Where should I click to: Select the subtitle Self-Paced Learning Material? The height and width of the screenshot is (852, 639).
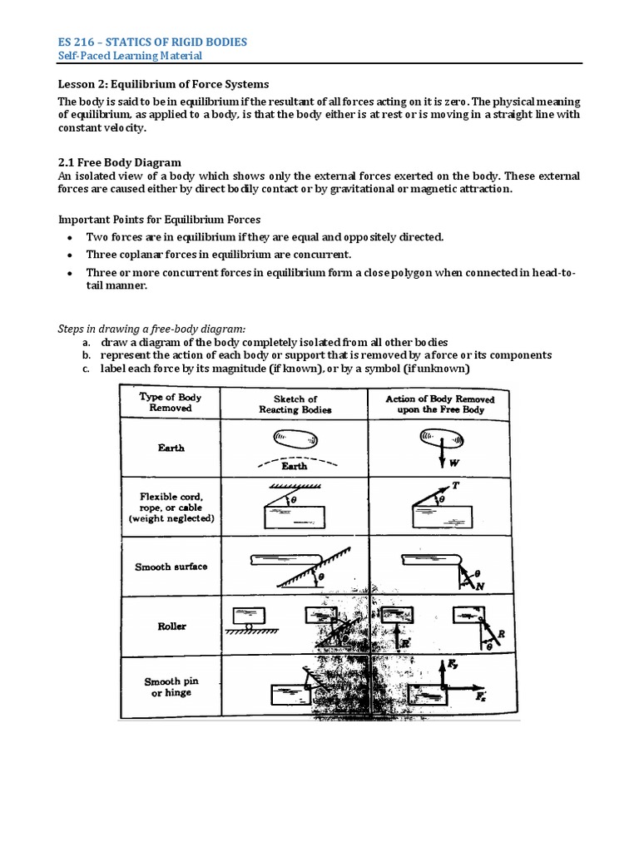pyautogui.click(x=129, y=56)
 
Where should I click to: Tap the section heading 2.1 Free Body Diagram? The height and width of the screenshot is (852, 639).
pyautogui.click(x=119, y=162)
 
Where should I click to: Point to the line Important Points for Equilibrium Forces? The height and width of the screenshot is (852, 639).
pyautogui.click(x=159, y=220)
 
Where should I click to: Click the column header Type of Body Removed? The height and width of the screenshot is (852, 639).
pyautogui.click(x=170, y=403)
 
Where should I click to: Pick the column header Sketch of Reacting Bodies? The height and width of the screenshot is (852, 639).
pyautogui.click(x=295, y=404)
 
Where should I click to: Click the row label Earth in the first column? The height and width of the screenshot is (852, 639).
pyautogui.click(x=171, y=448)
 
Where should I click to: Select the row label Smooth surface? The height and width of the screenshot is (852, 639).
pyautogui.click(x=171, y=567)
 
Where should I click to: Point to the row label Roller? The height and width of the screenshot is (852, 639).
pyautogui.click(x=171, y=627)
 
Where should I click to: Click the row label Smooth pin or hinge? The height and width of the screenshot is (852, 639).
pyautogui.click(x=171, y=686)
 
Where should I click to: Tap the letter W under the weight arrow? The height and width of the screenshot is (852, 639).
pyautogui.click(x=454, y=463)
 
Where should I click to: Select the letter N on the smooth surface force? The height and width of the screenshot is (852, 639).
pyautogui.click(x=479, y=587)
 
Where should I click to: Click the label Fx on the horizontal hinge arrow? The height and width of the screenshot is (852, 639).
pyautogui.click(x=481, y=697)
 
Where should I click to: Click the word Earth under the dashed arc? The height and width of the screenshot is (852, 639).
pyautogui.click(x=294, y=467)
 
